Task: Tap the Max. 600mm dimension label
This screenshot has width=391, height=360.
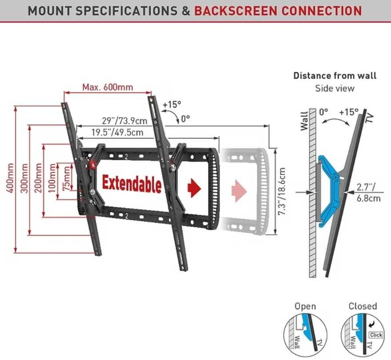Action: [108, 87]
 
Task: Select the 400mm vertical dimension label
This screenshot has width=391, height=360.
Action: [10, 178]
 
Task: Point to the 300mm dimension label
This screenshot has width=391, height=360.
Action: [24, 178]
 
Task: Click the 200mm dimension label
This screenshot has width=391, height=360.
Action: [38, 178]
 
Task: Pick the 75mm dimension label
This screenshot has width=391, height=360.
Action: [66, 178]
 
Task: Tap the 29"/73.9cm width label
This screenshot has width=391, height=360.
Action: [125, 121]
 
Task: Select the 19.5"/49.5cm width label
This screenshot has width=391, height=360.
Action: [117, 132]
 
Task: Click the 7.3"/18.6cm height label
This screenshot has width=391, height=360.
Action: [282, 191]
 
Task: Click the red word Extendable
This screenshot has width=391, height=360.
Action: [132, 184]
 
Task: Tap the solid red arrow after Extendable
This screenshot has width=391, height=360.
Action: [194, 188]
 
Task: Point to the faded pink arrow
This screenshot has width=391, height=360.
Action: [239, 191]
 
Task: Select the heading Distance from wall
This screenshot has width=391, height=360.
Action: [335, 76]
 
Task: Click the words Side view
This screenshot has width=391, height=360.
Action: [335, 88]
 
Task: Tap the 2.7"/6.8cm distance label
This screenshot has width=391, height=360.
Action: [368, 193]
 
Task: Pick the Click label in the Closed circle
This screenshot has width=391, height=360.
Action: [376, 335]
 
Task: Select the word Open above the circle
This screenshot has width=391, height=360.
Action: [305, 306]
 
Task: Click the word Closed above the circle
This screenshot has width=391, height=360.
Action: [363, 306]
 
